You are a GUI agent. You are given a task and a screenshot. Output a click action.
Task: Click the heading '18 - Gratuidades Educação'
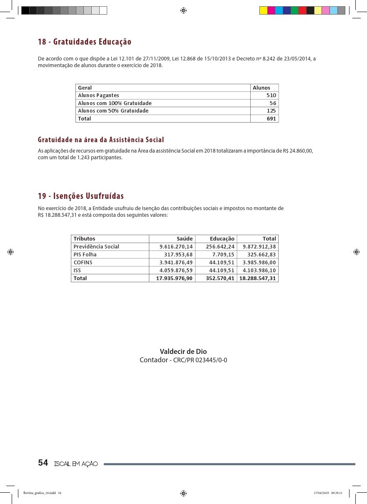pyautogui.click(x=84, y=42)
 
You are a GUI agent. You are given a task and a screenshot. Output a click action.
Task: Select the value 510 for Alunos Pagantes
pyautogui.click(x=271, y=95)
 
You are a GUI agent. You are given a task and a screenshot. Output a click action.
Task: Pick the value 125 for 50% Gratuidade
pyautogui.click(x=271, y=111)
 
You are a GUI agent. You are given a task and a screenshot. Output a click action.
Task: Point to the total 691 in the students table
pyautogui.click(x=271, y=118)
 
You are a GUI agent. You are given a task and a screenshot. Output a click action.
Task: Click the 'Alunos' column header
pyautogui.click(x=261, y=88)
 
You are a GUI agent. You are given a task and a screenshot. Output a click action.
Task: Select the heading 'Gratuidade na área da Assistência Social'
pyautogui.click(x=101, y=140)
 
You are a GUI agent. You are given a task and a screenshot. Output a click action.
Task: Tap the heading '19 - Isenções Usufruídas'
pyautogui.click(x=81, y=196)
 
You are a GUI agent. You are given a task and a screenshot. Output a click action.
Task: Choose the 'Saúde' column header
pyautogui.click(x=185, y=239)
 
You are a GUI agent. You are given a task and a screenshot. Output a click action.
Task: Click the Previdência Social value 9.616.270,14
pyautogui.click(x=176, y=247)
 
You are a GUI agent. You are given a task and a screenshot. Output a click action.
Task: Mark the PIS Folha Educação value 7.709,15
pyautogui.click(x=223, y=255)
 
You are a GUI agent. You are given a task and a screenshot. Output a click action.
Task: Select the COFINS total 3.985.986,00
pyautogui.click(x=259, y=263)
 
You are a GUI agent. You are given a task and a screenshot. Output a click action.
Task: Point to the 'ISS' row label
pyautogui.click(x=77, y=270)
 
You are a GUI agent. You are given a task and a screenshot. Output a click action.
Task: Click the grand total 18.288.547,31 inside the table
pyautogui.click(x=258, y=278)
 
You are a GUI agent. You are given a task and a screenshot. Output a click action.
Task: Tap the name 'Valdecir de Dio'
pyautogui.click(x=183, y=351)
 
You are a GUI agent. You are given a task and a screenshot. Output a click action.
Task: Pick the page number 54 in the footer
pyautogui.click(x=43, y=463)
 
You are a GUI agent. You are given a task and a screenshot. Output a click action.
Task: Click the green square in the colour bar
pyautogui.click(x=294, y=10)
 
